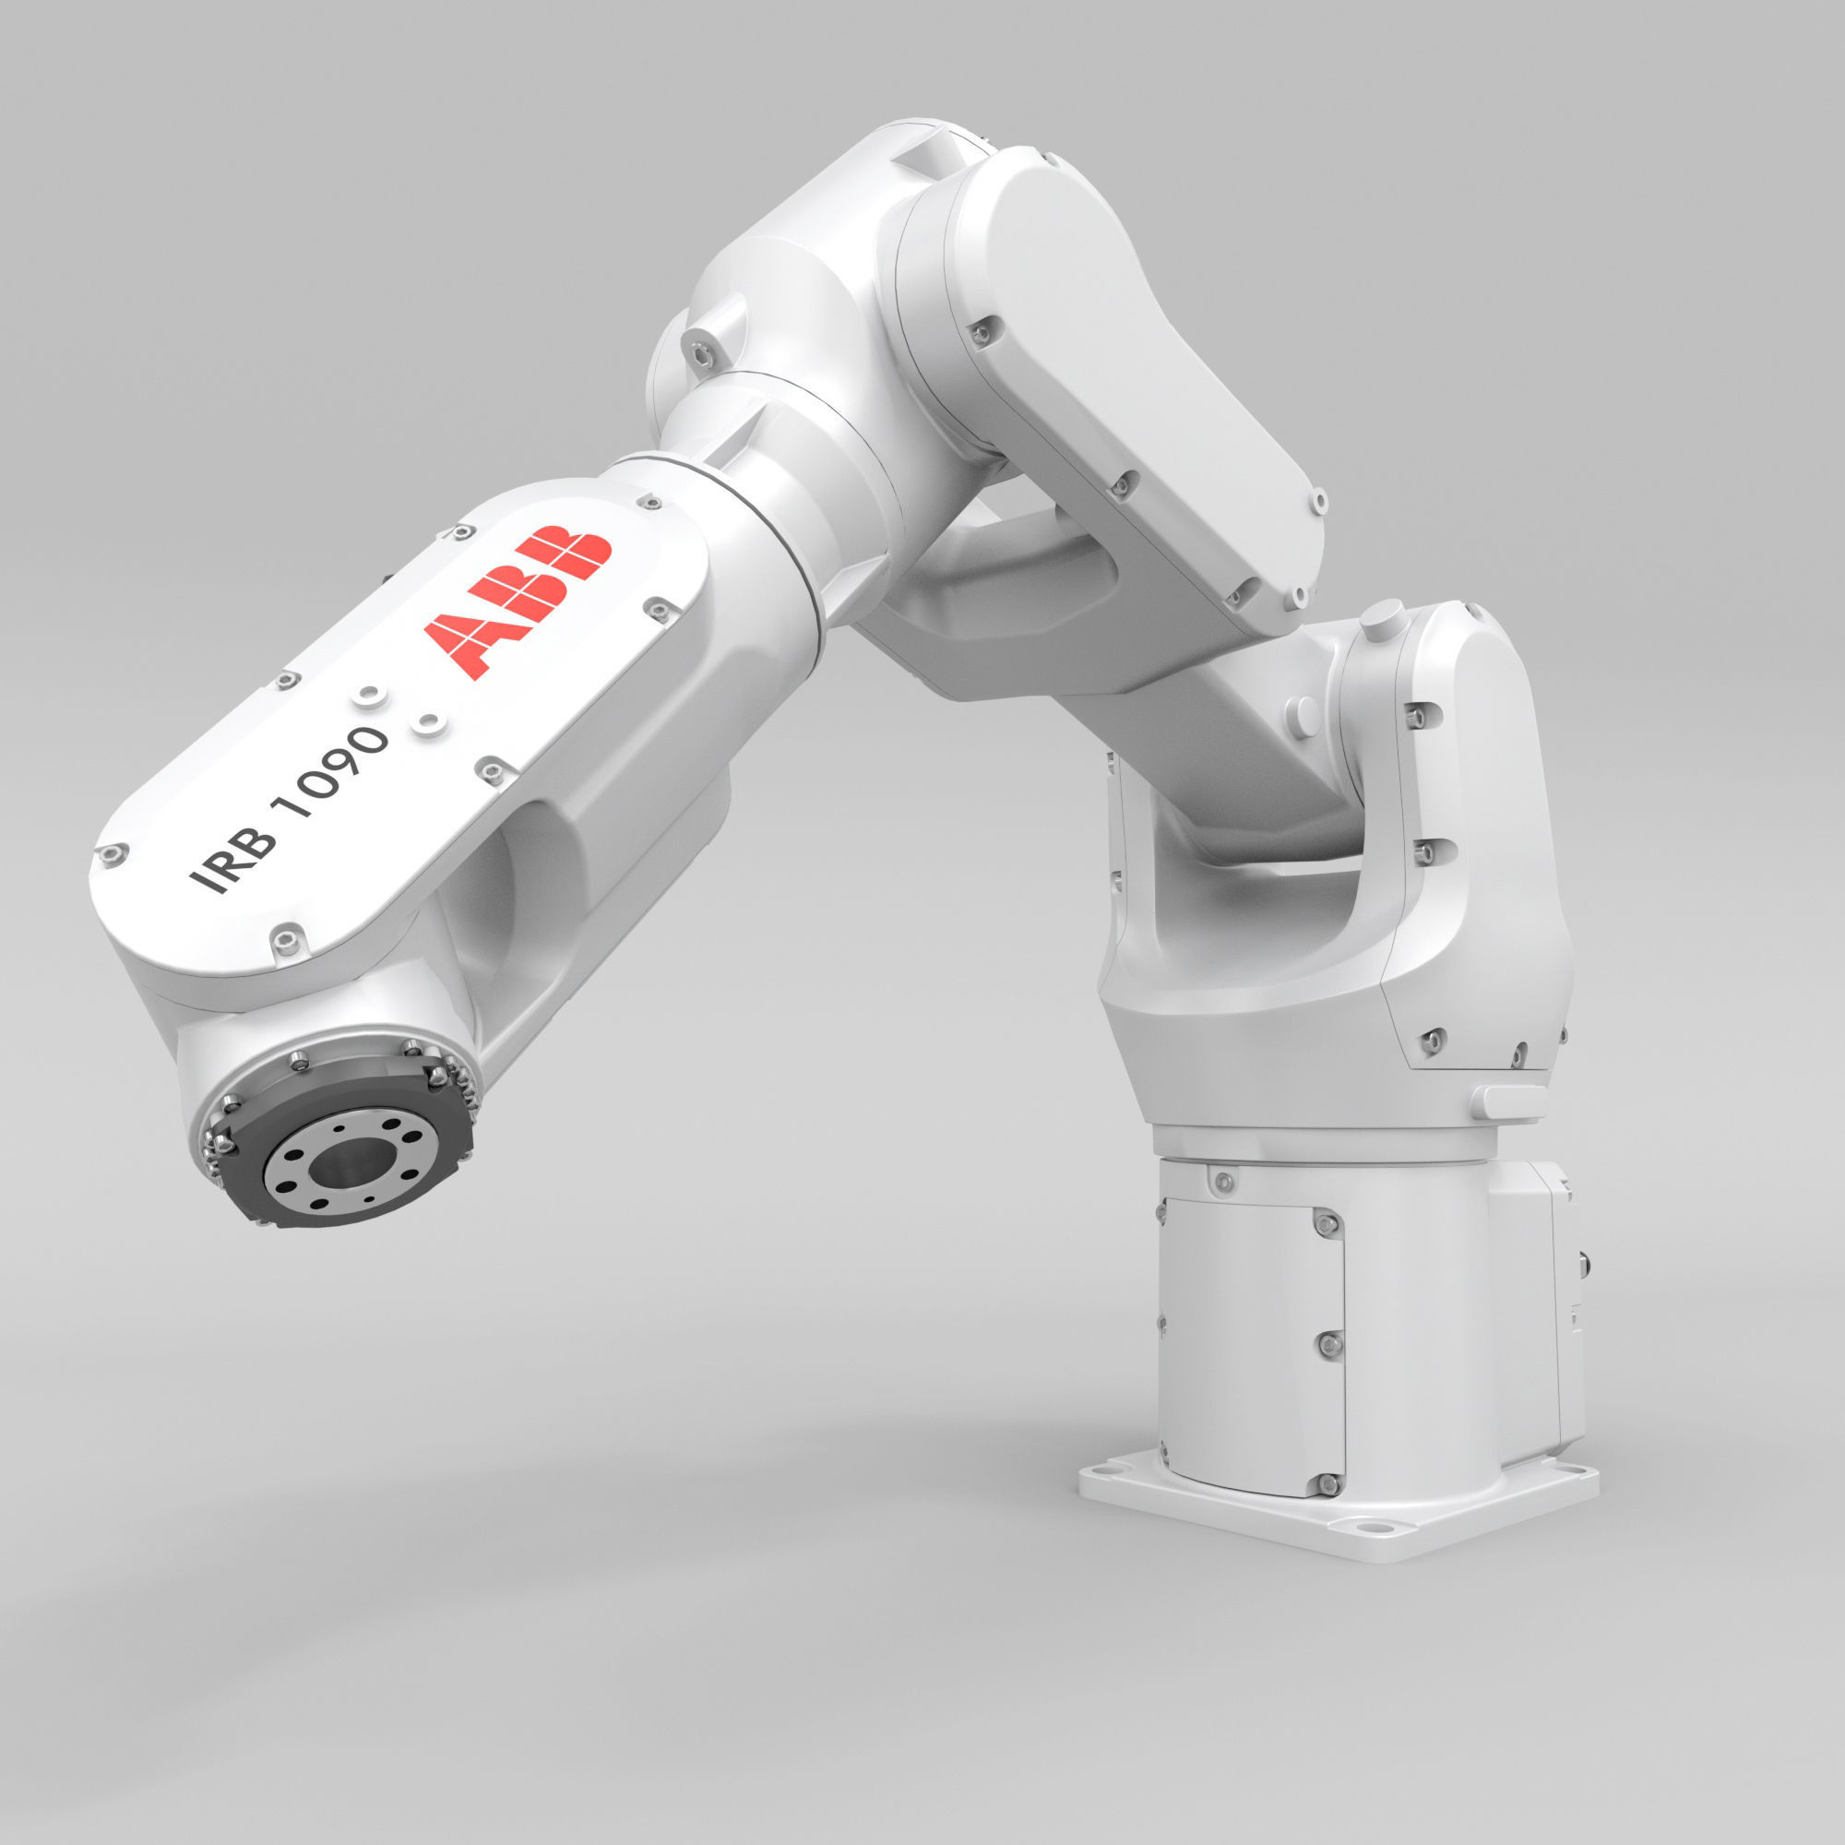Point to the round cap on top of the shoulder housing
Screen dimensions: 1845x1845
(1382, 618)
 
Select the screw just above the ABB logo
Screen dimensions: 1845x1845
(465, 532)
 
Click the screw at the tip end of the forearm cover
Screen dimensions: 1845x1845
(113, 853)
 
